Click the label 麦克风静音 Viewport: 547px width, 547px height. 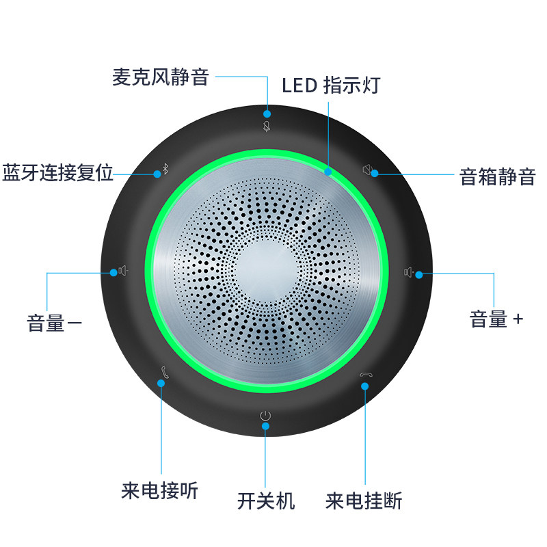160,77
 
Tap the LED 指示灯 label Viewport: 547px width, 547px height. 331,85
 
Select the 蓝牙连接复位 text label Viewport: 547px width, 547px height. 57,172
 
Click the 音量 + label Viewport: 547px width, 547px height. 496,319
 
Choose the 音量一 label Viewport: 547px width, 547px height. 55,323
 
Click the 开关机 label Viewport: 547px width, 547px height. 266,501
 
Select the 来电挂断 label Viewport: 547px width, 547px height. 364,501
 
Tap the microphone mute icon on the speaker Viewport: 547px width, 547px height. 267,126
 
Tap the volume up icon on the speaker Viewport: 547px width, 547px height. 408,272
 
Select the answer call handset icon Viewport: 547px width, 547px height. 165,373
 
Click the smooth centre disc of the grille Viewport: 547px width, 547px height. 266,271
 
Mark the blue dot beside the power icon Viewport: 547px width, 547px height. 266,426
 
